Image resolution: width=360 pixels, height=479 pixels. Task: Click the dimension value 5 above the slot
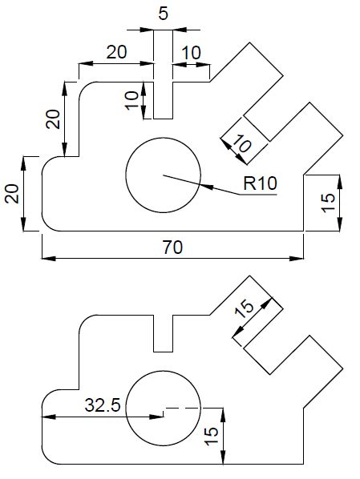[164, 14]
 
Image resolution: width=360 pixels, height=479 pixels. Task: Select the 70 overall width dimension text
[172, 248]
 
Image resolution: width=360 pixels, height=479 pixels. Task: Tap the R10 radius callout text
[260, 183]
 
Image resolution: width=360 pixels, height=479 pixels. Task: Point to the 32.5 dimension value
[103, 405]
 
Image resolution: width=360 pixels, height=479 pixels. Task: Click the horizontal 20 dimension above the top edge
[116, 52]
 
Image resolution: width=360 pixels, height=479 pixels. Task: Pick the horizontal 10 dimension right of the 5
[192, 53]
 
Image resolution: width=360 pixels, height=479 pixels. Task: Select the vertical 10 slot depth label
[132, 100]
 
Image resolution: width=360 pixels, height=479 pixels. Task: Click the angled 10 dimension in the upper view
[242, 144]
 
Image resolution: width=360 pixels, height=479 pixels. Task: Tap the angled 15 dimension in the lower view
[245, 308]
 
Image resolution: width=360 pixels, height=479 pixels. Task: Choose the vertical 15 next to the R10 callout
[328, 203]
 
